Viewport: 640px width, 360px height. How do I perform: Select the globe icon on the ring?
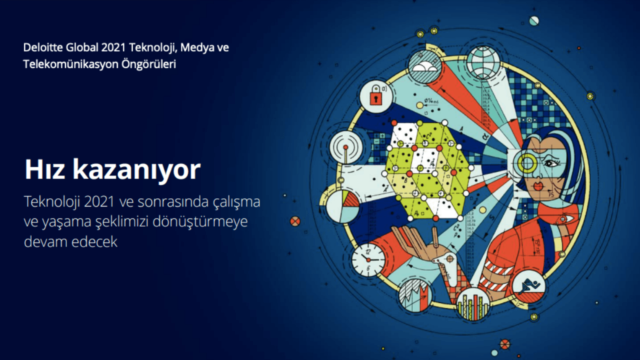tap(483, 60)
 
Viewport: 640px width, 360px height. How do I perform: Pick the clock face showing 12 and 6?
tap(368, 260)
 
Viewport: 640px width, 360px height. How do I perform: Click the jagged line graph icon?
tap(415, 296)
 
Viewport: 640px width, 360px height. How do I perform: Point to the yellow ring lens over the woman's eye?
tap(526, 162)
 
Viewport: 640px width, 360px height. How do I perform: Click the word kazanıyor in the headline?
tap(136, 171)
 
